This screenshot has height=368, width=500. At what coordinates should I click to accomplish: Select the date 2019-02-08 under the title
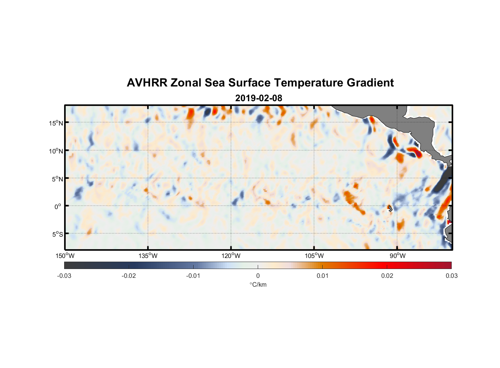pyautogui.click(x=258, y=98)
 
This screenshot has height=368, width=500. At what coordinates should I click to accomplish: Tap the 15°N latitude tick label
pyautogui.click(x=56, y=123)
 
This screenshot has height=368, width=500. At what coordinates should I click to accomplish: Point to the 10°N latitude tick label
pyautogui.click(x=56, y=151)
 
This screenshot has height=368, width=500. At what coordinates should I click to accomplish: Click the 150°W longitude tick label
pyautogui.click(x=65, y=256)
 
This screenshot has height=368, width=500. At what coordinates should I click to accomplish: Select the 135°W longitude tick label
pyautogui.click(x=148, y=256)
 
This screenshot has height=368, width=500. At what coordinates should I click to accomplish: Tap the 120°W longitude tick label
pyautogui.click(x=231, y=256)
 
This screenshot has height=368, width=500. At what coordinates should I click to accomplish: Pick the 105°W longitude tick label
pyautogui.click(x=314, y=256)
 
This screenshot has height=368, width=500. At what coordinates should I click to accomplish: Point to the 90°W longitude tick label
pyautogui.click(x=397, y=256)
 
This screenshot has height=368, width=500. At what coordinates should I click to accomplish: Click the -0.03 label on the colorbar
pyautogui.click(x=64, y=276)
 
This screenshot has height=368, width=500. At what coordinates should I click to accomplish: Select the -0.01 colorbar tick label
pyautogui.click(x=193, y=276)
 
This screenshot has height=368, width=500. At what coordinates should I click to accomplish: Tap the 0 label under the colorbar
pyautogui.click(x=258, y=276)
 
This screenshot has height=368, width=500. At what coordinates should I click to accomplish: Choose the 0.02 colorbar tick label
pyautogui.click(x=387, y=276)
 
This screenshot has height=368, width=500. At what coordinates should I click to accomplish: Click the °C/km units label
pyautogui.click(x=258, y=284)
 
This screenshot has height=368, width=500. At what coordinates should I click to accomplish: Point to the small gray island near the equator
pyautogui.click(x=390, y=208)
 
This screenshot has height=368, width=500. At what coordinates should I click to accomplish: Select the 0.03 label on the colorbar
pyautogui.click(x=451, y=276)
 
